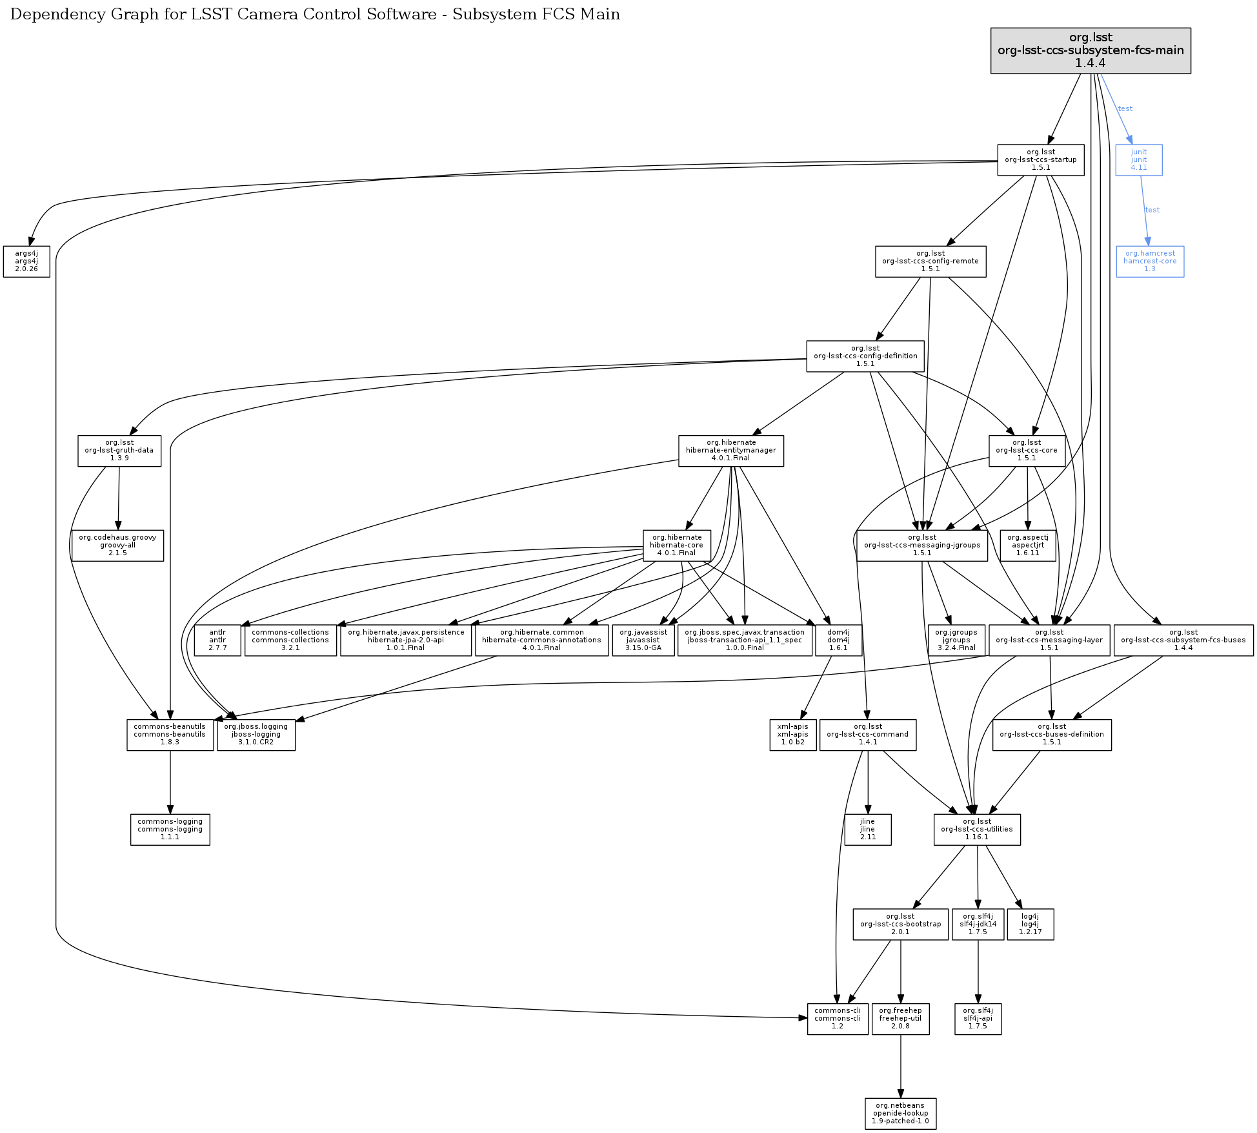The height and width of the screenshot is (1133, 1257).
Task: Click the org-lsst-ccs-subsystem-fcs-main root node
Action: click(1090, 50)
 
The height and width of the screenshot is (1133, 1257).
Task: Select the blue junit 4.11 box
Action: click(1138, 160)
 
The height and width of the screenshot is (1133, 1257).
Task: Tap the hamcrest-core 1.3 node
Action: click(1149, 261)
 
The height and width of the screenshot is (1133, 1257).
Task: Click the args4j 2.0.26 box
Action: click(26, 261)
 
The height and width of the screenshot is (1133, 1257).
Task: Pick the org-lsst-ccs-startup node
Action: click(1040, 160)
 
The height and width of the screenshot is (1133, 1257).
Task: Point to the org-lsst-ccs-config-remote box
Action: click(930, 261)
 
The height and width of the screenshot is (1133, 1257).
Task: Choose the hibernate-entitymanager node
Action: click(730, 451)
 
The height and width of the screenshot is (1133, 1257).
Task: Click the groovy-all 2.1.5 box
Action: click(117, 546)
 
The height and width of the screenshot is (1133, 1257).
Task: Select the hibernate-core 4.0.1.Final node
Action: click(676, 546)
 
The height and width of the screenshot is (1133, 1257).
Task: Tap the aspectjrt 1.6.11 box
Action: click(1027, 546)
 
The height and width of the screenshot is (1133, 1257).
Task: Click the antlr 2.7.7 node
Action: click(217, 640)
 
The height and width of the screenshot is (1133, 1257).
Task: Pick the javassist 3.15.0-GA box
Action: click(643, 640)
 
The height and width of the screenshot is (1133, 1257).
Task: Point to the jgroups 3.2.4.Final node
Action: click(956, 640)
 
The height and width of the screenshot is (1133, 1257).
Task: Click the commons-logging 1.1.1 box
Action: click(170, 830)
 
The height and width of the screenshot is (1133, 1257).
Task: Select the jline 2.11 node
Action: click(867, 830)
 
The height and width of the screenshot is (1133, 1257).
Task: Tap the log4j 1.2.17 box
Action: click(1030, 924)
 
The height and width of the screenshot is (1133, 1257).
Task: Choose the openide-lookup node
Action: click(900, 1114)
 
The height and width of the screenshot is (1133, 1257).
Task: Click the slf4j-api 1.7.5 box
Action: click(978, 1019)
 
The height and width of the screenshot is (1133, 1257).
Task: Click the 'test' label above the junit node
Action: click(1125, 108)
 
